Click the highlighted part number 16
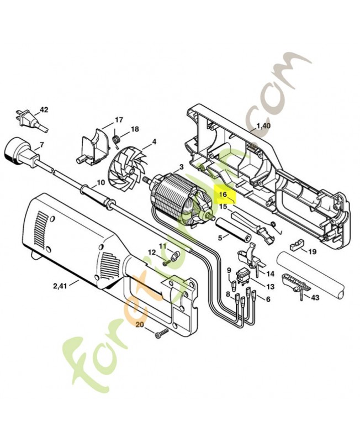pos(223,194)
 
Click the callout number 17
pos(119,120)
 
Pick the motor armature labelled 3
pos(181,197)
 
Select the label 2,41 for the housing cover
pos(60,286)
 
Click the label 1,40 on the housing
pos(263,125)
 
